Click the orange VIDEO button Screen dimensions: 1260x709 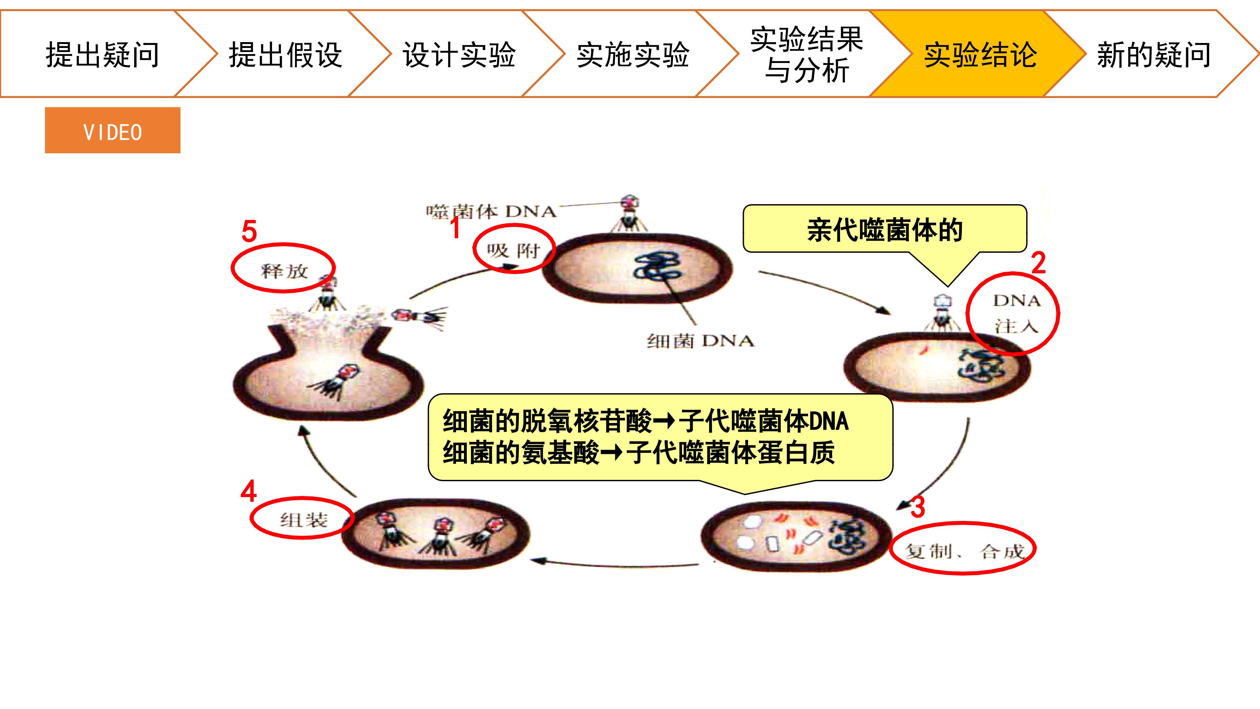click(x=113, y=130)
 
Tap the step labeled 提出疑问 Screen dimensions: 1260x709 click(x=103, y=54)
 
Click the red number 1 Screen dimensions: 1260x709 click(x=455, y=227)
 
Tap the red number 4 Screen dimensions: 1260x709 click(x=248, y=491)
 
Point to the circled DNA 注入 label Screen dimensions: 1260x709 click(x=1014, y=313)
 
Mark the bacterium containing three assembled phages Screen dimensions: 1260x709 click(x=435, y=533)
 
